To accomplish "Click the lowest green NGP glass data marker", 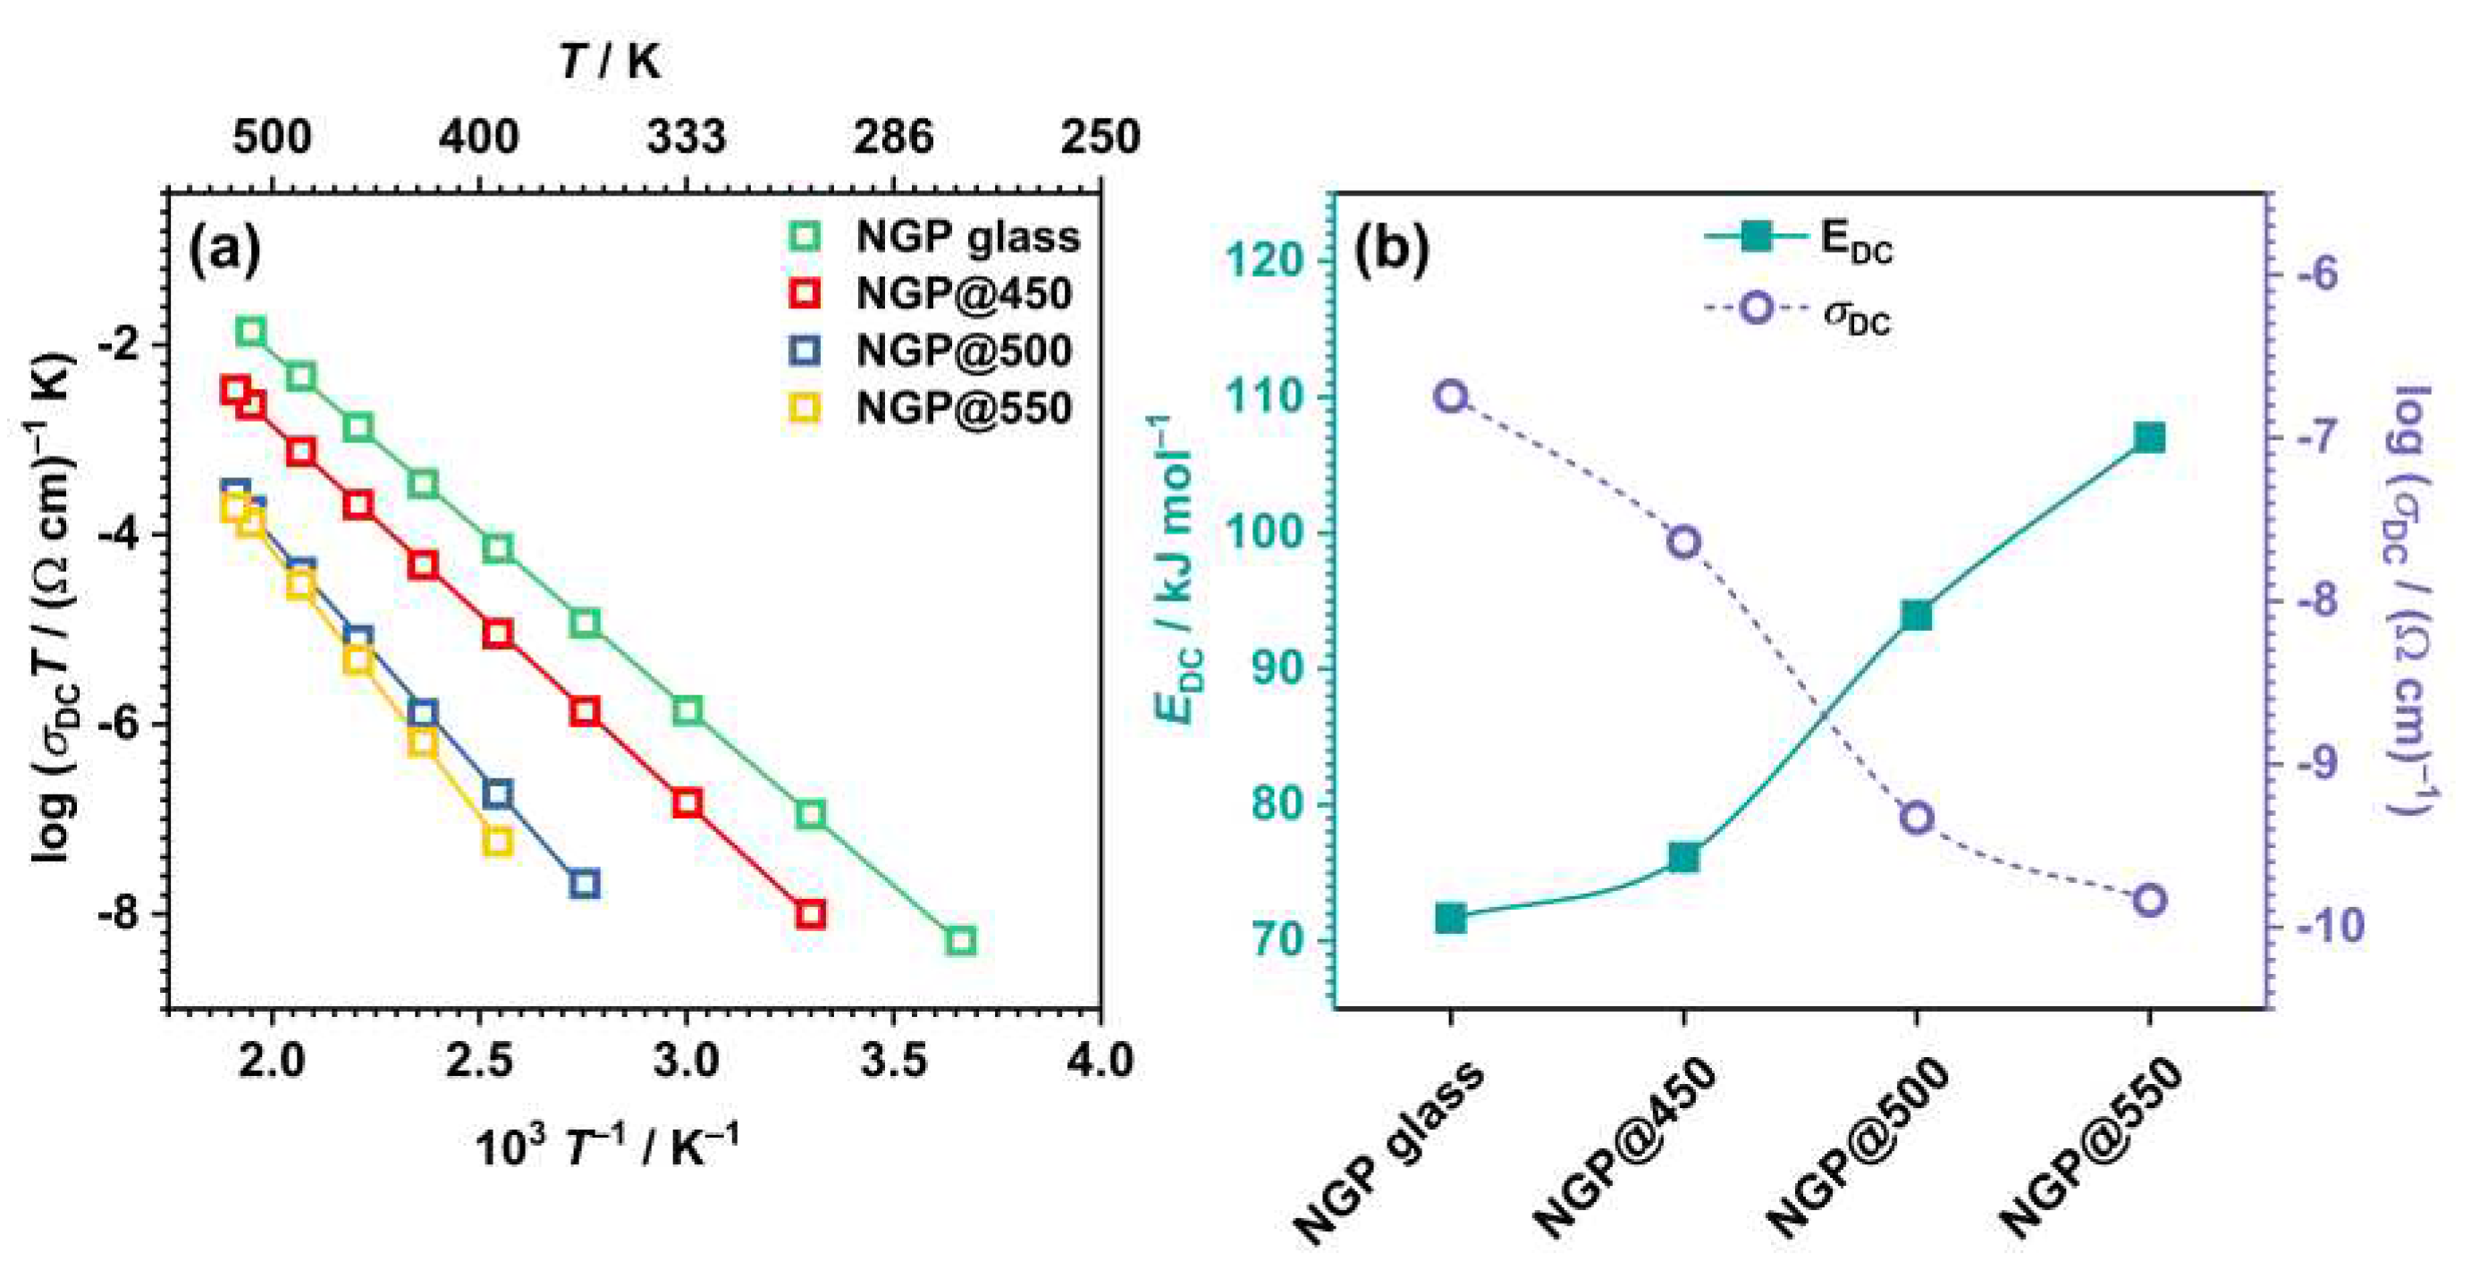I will point(960,940).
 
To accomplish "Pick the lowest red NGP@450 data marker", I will point(810,914).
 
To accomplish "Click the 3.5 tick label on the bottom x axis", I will point(892,1061).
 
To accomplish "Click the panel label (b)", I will point(1392,249).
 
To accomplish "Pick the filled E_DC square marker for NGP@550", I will point(2149,439).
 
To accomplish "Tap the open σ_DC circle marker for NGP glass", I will point(1450,397).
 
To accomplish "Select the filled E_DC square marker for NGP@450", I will point(1683,857).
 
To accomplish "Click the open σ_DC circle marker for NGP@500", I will point(1916,818).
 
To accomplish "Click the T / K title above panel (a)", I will point(610,63).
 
